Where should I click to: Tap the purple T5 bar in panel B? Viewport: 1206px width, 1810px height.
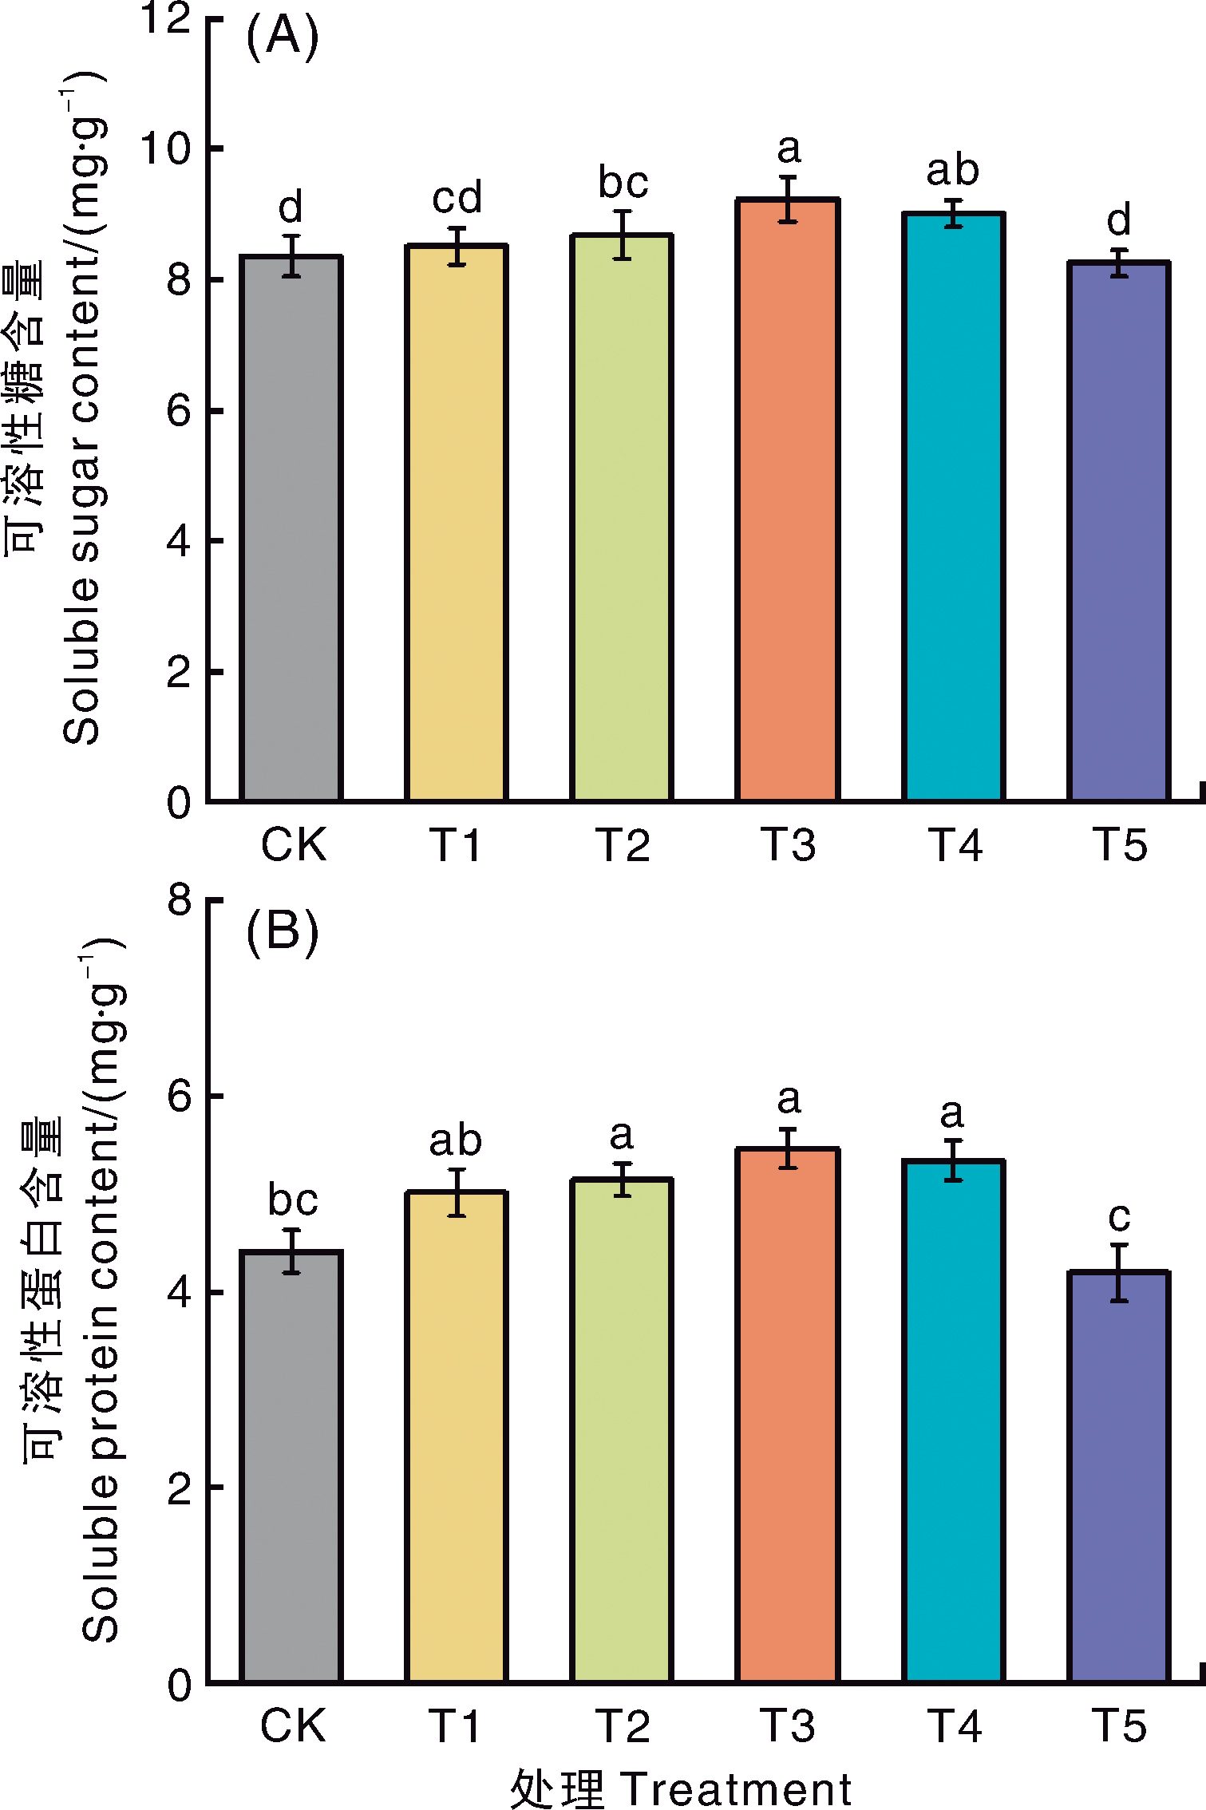(1119, 1476)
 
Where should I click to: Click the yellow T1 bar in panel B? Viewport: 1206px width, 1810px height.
(457, 1437)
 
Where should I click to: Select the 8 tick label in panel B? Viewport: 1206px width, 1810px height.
(180, 900)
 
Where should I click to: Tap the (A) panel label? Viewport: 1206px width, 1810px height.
(282, 37)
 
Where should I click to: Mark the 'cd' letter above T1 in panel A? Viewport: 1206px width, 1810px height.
(457, 198)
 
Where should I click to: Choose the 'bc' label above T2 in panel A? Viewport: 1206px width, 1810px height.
(623, 183)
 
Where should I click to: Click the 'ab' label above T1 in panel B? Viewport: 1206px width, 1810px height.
(455, 1140)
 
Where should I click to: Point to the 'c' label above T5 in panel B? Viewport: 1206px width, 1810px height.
(1119, 1216)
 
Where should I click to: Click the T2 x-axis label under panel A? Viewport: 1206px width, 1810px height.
(623, 844)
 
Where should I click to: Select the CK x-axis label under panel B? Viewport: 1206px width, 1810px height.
(292, 1726)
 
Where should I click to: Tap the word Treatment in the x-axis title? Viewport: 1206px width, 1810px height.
(735, 1788)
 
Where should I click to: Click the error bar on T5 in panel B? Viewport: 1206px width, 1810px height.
(1119, 1272)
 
